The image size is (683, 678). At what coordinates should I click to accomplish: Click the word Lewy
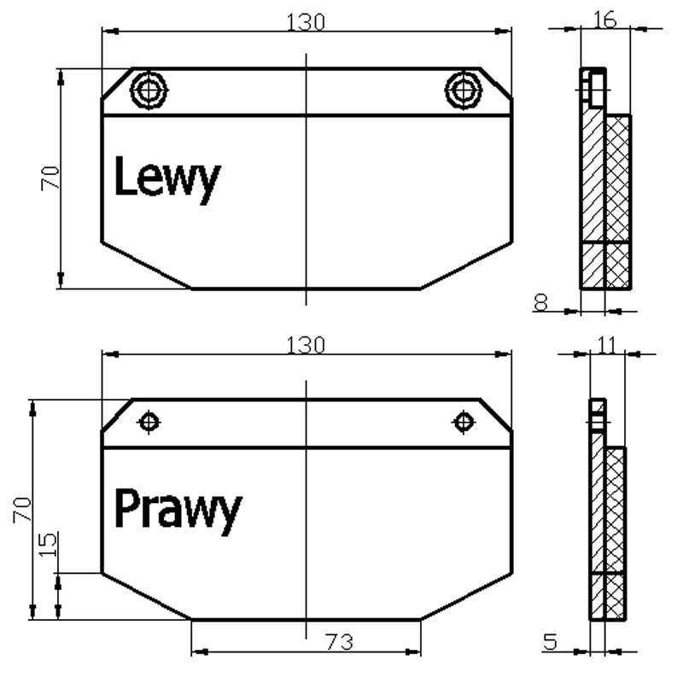pyautogui.click(x=167, y=178)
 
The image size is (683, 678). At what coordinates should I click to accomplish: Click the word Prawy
pyautogui.click(x=178, y=510)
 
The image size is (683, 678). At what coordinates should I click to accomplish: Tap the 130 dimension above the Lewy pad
pyautogui.click(x=306, y=22)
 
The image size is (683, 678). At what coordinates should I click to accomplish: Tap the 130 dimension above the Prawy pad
pyautogui.click(x=306, y=345)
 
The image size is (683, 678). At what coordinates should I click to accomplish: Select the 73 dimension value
pyautogui.click(x=339, y=642)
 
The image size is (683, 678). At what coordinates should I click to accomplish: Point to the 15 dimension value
pyautogui.click(x=48, y=544)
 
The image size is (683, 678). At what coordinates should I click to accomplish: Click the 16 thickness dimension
pyautogui.click(x=605, y=20)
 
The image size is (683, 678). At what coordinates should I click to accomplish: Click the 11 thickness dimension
pyautogui.click(x=607, y=345)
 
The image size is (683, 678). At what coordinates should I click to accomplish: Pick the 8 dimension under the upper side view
pyautogui.click(x=540, y=302)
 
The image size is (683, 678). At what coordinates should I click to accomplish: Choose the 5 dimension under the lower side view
pyautogui.click(x=550, y=641)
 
